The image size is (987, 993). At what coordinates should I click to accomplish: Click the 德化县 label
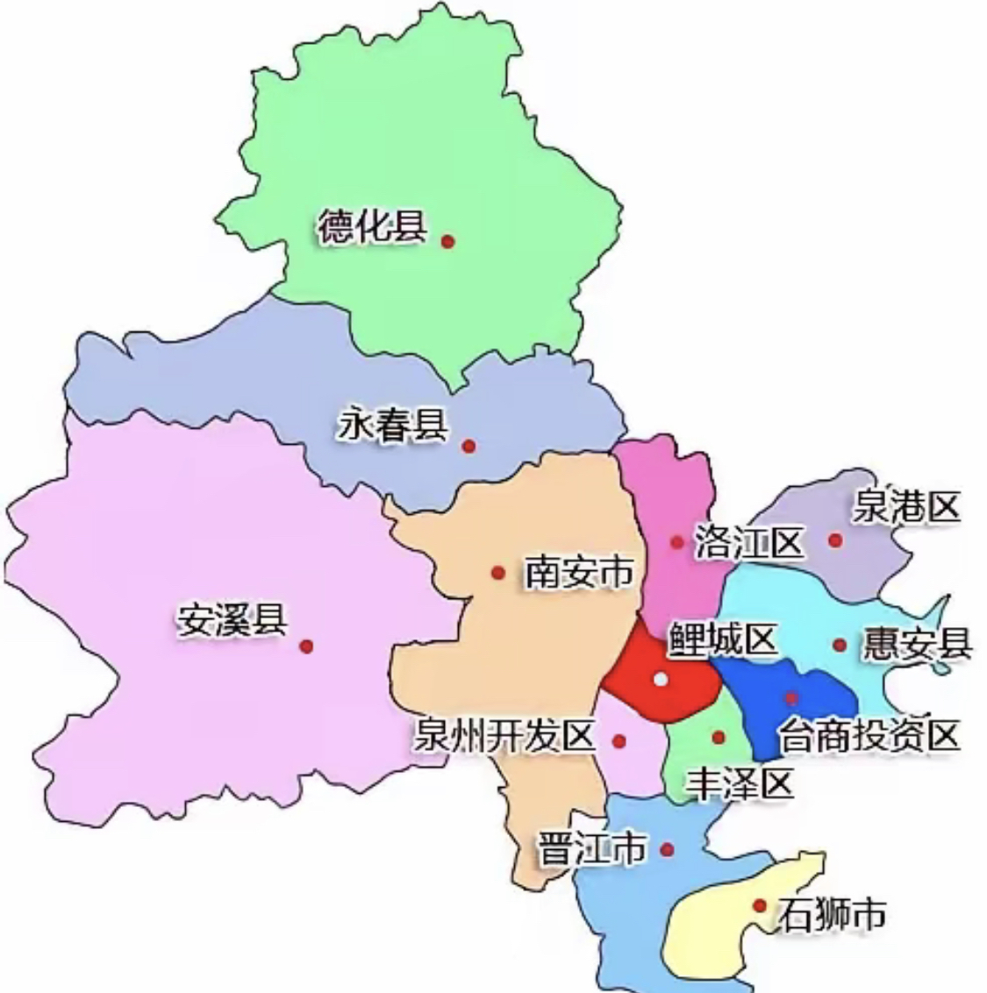[x=372, y=228]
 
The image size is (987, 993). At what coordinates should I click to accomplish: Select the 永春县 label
[x=393, y=427]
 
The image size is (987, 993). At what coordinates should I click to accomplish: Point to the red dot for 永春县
[x=469, y=446]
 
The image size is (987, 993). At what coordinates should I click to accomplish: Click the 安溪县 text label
[x=232, y=620]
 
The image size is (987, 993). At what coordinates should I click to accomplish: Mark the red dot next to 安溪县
[x=306, y=647]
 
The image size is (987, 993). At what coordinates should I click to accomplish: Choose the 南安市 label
[x=579, y=573]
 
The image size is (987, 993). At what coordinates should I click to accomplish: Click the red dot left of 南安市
[x=498, y=573]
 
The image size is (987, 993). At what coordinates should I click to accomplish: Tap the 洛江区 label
[x=748, y=542]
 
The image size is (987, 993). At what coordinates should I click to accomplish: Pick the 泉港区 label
[x=907, y=508]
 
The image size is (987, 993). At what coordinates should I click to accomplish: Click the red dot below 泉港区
[x=835, y=540]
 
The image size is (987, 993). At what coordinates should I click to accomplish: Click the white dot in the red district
[x=661, y=679]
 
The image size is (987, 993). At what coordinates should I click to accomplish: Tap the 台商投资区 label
[x=869, y=735]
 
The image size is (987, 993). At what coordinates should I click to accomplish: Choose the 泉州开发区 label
[x=505, y=735]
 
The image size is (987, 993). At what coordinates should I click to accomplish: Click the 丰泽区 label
[x=740, y=782]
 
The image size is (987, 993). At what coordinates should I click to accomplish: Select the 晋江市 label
[x=592, y=849]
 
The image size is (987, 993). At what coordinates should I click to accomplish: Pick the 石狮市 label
[x=831, y=915]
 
